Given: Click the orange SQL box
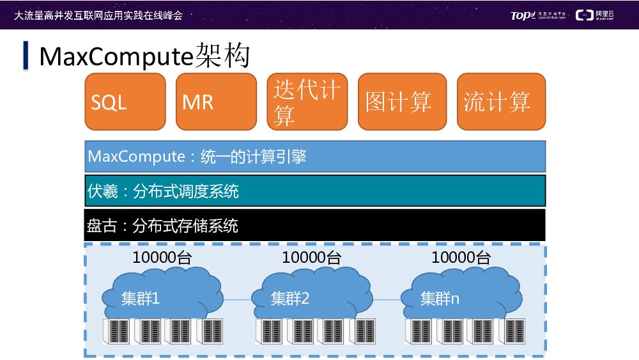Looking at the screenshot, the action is click(x=125, y=102).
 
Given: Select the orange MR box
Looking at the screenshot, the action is click(x=215, y=102).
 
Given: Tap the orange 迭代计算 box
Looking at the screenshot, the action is click(x=307, y=102).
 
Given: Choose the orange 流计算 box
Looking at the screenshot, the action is click(x=501, y=102).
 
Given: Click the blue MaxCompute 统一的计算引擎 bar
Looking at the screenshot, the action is click(x=315, y=157).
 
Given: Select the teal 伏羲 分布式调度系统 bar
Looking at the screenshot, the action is click(x=315, y=191).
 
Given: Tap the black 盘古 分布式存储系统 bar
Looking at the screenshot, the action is click(x=315, y=225).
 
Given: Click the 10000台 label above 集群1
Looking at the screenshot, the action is click(x=162, y=258).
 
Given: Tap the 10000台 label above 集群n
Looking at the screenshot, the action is click(x=461, y=258).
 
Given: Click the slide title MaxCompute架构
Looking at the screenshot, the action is click(x=144, y=56).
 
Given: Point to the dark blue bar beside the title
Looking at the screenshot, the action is click(x=26, y=56).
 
